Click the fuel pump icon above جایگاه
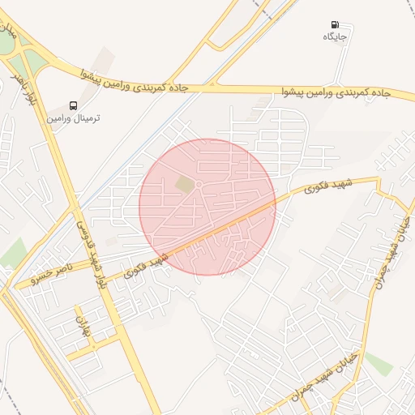(336, 25)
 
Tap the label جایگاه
(336, 37)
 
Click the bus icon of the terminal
(75, 105)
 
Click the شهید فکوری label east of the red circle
(320, 187)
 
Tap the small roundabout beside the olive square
(199, 186)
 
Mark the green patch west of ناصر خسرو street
(12, 254)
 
